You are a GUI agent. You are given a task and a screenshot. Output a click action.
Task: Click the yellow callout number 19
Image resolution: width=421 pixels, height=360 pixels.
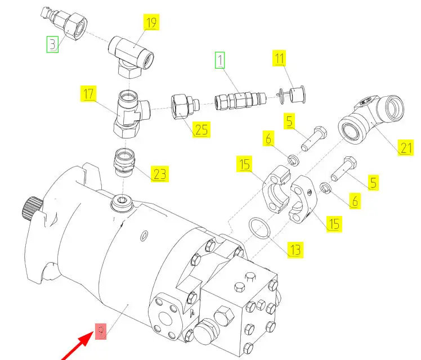coord(151,23)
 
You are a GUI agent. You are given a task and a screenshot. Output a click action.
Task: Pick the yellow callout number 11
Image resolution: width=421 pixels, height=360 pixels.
coord(280,58)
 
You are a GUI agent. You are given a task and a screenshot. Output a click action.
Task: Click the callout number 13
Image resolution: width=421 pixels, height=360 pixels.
coord(295,249)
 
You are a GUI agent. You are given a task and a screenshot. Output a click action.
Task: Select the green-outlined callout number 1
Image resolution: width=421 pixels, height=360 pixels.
coord(220,59)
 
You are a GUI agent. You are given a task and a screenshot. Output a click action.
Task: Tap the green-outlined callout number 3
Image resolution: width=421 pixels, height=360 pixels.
coord(52,44)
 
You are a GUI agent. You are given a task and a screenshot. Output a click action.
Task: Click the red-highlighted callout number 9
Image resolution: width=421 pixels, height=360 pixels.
coord(101,331)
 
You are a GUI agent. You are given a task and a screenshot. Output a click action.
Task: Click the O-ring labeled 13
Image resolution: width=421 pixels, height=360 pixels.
coord(261,229)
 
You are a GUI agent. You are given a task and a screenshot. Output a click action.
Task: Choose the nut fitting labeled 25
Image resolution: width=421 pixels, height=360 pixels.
coord(184,106)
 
